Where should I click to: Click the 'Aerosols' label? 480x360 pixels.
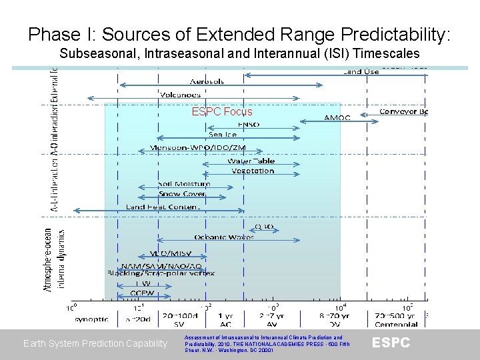point(207,81)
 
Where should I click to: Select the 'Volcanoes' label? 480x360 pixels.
point(180,95)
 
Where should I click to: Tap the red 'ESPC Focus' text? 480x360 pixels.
point(222,112)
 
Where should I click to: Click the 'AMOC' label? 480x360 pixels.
point(337,117)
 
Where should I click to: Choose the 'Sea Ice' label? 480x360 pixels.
point(223,134)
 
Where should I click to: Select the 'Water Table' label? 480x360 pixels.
point(251,161)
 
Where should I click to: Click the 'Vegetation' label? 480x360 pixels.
point(253,171)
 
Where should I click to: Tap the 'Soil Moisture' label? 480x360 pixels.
point(184,183)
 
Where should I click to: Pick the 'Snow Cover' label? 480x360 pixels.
point(182,193)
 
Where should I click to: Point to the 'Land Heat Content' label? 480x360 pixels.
point(162,207)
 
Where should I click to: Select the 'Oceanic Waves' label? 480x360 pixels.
point(224,237)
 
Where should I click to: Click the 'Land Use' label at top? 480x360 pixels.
point(361,71)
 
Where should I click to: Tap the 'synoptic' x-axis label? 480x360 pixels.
point(91,319)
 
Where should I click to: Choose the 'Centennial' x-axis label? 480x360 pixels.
point(395,325)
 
